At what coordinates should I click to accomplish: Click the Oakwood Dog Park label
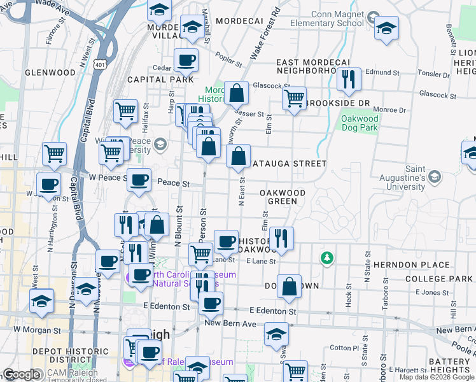(360, 123)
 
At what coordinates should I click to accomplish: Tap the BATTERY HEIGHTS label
(449, 365)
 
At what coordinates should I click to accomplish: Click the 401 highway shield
(99, 64)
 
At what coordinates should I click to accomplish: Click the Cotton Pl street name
(346, 348)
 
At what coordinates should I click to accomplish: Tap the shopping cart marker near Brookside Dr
(294, 99)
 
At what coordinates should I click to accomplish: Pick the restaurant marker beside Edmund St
(348, 80)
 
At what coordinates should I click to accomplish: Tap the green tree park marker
(326, 257)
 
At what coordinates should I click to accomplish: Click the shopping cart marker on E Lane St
(201, 254)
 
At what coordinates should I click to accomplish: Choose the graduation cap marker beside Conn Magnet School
(386, 28)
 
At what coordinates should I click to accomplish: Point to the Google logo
(21, 375)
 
